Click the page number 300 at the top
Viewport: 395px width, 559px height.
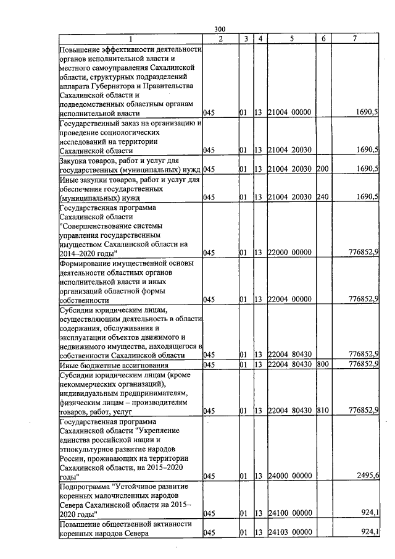pos(220,30)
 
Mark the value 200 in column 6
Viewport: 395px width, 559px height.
pos(321,169)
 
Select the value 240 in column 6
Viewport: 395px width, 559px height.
pos(321,197)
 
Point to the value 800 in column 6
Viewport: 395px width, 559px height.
pos(321,364)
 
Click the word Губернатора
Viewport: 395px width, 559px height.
pos(114,86)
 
